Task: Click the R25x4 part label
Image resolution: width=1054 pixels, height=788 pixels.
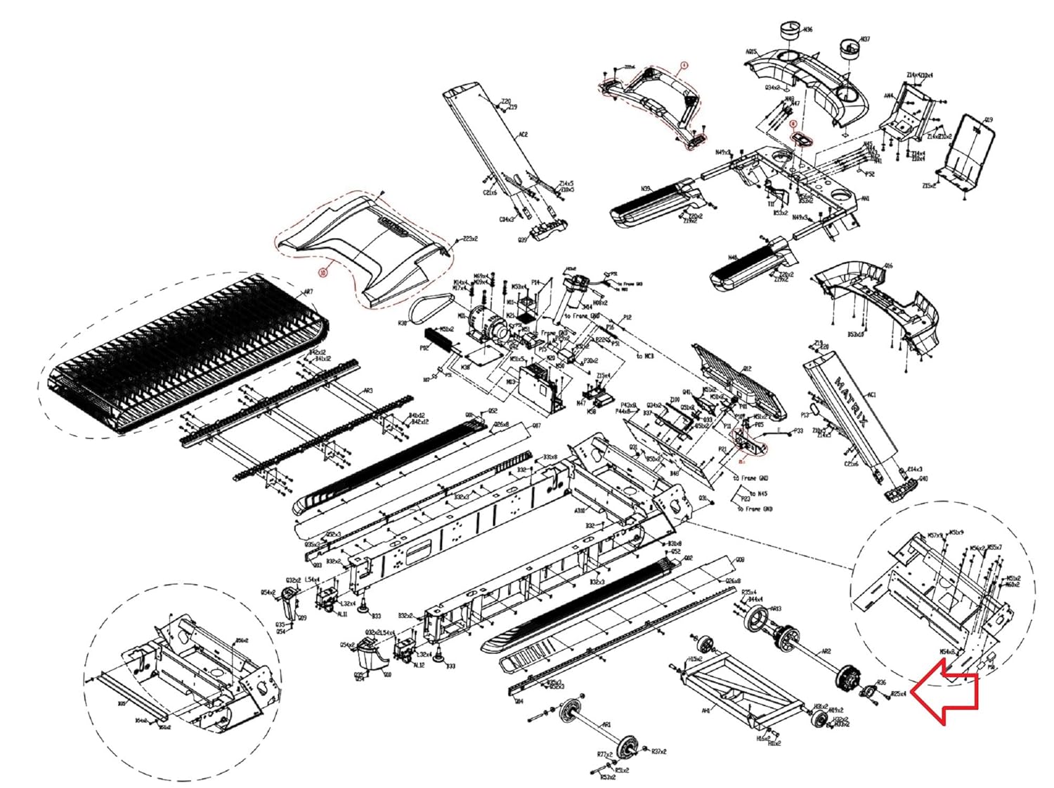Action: (899, 694)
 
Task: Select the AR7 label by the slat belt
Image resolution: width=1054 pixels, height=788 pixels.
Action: (308, 291)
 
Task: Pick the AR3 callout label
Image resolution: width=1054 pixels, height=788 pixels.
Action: (367, 390)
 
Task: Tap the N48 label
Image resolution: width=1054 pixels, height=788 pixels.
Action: (733, 258)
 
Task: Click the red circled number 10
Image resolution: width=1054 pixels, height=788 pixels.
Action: (323, 272)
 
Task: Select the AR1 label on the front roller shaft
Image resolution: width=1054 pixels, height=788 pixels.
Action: (606, 725)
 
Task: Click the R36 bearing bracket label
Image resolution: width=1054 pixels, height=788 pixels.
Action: (881, 682)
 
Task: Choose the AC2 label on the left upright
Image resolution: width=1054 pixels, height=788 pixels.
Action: (523, 134)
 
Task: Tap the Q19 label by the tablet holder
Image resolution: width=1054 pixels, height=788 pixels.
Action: (989, 120)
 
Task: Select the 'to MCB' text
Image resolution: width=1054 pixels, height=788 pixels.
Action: (644, 356)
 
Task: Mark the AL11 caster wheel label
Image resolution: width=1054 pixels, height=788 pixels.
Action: (342, 614)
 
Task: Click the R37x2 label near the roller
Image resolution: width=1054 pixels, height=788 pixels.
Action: (658, 751)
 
